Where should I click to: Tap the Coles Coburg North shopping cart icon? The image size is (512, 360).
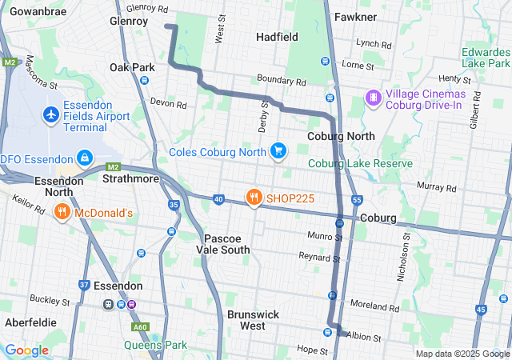tap(278, 150)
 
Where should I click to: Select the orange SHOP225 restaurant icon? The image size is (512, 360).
tap(254, 197)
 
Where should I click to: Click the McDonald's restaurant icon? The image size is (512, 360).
tap(62, 212)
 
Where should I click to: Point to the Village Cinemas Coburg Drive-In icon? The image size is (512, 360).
tap(373, 98)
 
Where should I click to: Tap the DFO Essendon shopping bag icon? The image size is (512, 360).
tap(84, 158)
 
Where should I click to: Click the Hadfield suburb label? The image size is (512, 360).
tap(277, 37)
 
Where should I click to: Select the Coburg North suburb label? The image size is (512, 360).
tap(341, 136)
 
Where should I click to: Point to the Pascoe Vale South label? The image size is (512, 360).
tap(227, 244)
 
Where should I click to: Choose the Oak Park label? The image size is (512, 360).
tap(132, 67)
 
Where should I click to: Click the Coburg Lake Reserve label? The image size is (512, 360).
tap(361, 163)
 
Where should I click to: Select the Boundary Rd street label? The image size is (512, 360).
tap(282, 82)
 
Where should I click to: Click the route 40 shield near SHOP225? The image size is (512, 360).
tap(218, 198)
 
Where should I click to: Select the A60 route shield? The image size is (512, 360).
tap(141, 326)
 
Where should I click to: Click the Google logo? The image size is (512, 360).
tap(26, 350)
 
